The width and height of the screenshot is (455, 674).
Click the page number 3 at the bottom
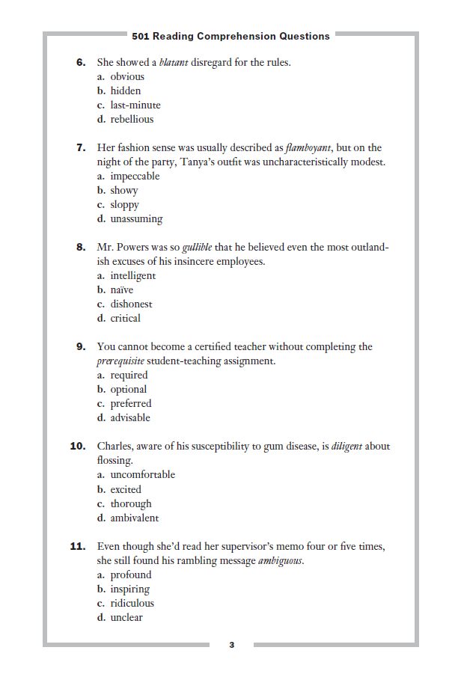(x=231, y=645)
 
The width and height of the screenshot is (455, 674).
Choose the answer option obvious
(x=127, y=76)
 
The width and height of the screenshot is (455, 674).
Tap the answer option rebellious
(x=132, y=119)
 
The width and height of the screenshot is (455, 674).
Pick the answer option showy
(x=124, y=190)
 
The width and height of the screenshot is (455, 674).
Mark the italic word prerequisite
(x=123, y=361)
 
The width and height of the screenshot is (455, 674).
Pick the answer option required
(x=129, y=375)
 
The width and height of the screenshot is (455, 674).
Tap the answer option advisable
(x=130, y=417)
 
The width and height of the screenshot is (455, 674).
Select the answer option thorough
(x=131, y=503)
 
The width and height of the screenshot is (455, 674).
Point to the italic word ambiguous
(x=281, y=561)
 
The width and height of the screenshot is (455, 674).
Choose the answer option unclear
(x=126, y=617)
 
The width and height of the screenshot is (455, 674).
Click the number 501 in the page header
(x=141, y=36)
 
